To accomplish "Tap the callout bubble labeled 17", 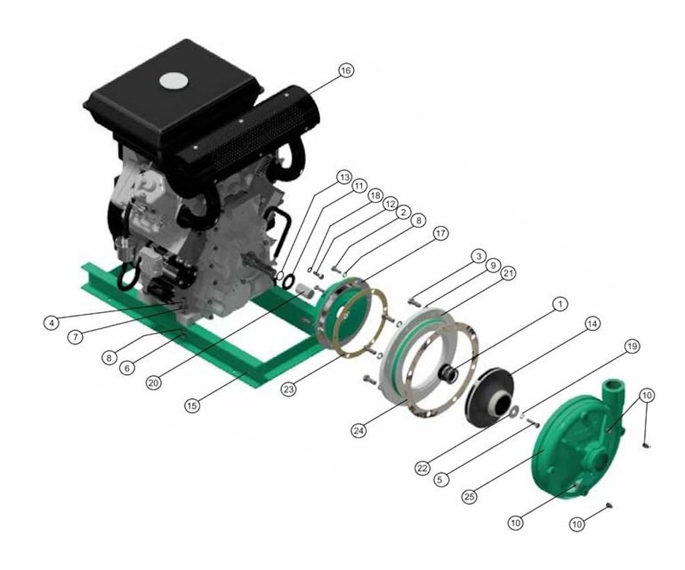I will pos(439,233).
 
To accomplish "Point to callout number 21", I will pos(508,274).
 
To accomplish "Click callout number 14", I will pos(591,323).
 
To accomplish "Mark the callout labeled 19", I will pos(631,346).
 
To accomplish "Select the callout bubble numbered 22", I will pos(421,468).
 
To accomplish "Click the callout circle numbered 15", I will pos(193,406).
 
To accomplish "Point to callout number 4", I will pos(50,322).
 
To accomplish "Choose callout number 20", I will pos(154,384).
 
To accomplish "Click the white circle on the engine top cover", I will pos(173,81).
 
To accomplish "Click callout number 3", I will pos(477,256).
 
